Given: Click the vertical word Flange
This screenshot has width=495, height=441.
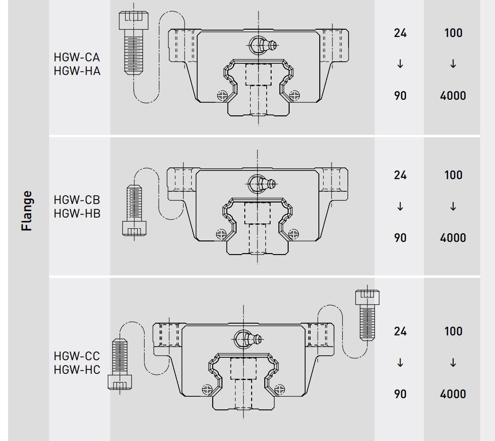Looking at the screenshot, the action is coord(27,211).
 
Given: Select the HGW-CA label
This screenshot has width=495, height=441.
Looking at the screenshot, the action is coord(77,57).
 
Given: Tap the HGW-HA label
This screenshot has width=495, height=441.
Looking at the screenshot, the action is coord(77,71).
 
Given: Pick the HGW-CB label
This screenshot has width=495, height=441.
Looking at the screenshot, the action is coord(77,200).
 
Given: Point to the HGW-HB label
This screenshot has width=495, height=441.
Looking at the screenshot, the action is coord(77,213).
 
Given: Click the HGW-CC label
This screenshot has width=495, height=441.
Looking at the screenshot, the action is coord(77,356).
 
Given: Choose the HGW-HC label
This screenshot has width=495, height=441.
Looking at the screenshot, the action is coord(77,369).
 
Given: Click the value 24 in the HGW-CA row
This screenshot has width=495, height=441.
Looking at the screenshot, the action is coord(400,33).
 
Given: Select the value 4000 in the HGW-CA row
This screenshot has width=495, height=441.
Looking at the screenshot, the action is coord(453,96).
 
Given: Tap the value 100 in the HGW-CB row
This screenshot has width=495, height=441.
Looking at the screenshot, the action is coord(453,175).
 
